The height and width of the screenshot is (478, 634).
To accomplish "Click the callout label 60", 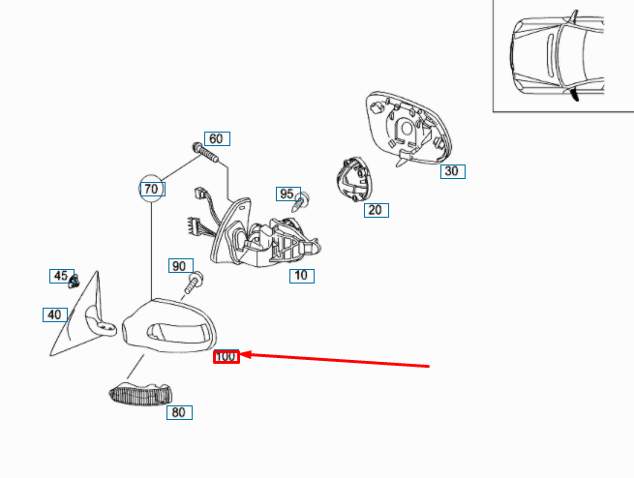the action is click(x=217, y=139).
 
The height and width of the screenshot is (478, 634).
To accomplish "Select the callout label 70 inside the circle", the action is click(x=152, y=189).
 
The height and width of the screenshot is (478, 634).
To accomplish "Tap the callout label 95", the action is click(x=288, y=194).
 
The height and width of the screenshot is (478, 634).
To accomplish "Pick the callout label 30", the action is click(x=453, y=171).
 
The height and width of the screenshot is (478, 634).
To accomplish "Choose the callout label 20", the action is click(x=377, y=210).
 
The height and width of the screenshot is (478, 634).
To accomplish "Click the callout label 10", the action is click(x=302, y=276).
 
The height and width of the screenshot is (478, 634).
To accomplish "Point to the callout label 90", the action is click(x=181, y=266).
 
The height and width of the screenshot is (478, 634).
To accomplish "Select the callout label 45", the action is click(x=62, y=276).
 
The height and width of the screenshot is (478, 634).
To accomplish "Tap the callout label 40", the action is click(x=55, y=314).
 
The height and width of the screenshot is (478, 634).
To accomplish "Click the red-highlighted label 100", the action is click(x=226, y=357).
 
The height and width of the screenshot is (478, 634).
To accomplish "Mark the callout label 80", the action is click(x=179, y=412).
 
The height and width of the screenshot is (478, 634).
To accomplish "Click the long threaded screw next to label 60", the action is click(x=205, y=153).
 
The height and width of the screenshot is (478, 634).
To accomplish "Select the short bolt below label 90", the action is click(x=195, y=284).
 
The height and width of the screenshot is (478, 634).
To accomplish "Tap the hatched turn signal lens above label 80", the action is click(x=140, y=394).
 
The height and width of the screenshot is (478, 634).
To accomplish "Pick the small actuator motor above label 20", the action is click(x=354, y=179).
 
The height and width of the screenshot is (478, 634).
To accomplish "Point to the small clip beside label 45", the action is click(x=74, y=282).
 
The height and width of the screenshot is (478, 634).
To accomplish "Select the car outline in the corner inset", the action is click(x=558, y=56).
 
